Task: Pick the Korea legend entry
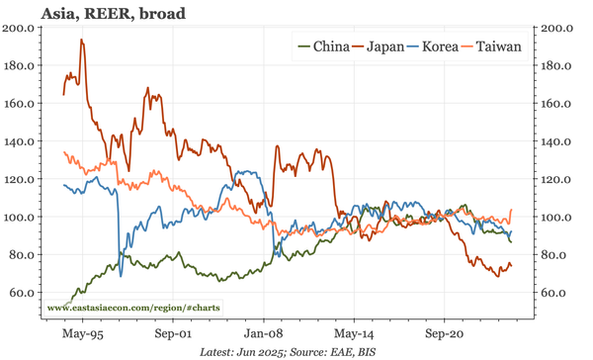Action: (x=447, y=46)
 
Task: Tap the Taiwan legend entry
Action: (x=504, y=46)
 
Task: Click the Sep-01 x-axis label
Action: (x=173, y=335)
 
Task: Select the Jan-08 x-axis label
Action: (x=264, y=335)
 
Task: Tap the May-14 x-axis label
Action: (x=356, y=335)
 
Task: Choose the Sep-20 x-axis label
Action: (x=447, y=335)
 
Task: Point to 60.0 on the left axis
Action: (x=22, y=293)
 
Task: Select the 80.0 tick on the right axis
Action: (x=553, y=255)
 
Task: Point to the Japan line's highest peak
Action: (x=81, y=40)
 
